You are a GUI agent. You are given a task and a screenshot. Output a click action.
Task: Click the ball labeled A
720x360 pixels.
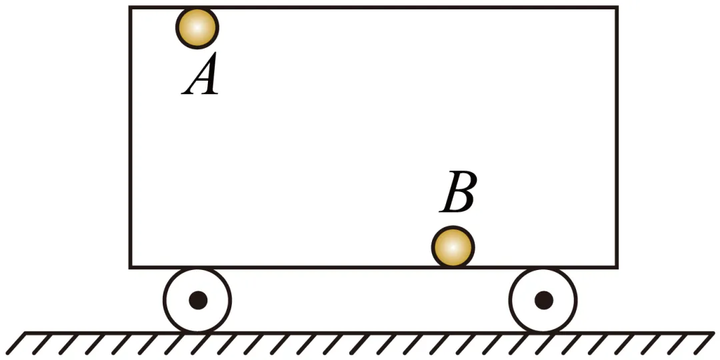click(197, 28)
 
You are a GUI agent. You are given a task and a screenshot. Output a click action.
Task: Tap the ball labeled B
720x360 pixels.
click(453, 247)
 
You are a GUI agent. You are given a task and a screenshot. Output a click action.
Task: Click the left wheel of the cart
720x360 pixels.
click(197, 300)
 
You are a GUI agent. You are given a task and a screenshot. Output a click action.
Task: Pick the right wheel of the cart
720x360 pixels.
click(543, 300)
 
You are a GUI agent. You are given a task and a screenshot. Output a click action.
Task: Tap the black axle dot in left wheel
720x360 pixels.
click(197, 300)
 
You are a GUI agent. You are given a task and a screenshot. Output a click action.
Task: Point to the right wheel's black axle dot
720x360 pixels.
click(543, 300)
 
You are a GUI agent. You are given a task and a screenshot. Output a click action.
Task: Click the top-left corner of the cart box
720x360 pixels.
click(130, 8)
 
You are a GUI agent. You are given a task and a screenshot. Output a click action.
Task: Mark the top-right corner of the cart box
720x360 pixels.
click(616, 8)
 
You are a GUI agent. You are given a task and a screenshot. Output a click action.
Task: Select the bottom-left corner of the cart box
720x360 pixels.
click(130, 267)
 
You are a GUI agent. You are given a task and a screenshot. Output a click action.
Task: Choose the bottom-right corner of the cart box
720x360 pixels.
click(616, 267)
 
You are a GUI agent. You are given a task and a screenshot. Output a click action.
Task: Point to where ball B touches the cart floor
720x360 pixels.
click(453, 267)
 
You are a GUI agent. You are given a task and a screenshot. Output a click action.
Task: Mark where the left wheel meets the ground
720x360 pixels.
click(197, 332)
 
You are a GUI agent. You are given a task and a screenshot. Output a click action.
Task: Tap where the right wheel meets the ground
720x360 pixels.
click(543, 332)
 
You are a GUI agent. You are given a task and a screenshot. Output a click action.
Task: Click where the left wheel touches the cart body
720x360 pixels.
click(197, 268)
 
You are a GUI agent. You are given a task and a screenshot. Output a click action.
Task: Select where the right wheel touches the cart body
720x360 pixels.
click(543, 268)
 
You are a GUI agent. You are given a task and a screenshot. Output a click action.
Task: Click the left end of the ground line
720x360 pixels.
click(25, 332)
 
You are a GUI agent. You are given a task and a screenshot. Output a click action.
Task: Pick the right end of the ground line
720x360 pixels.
click(713, 332)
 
